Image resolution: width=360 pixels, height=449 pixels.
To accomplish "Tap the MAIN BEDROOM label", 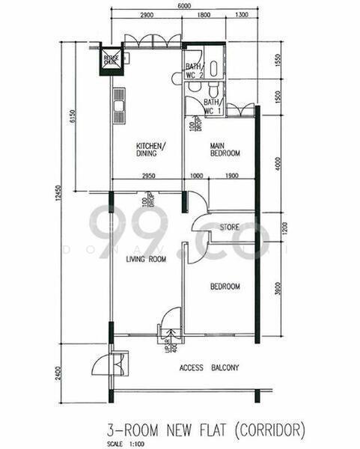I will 225,149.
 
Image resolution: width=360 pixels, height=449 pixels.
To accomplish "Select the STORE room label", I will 230,227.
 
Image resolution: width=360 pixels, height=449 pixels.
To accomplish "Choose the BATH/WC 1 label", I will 212,106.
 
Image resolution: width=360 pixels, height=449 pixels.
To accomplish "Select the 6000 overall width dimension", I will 183,6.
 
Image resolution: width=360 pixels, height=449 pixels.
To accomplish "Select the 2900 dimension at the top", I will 147,16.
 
